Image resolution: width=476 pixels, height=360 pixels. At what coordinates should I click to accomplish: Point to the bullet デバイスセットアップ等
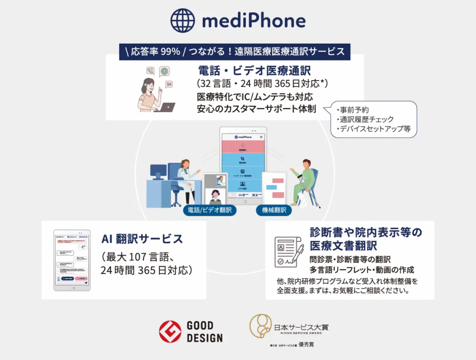(x=376, y=129)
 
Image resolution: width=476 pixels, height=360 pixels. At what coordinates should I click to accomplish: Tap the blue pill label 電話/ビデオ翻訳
(x=210, y=210)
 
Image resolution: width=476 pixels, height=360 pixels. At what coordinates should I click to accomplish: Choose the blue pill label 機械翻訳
(x=274, y=210)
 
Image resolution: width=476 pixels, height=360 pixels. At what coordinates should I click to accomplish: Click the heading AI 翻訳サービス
(x=142, y=239)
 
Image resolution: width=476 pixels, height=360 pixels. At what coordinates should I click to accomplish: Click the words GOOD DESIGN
(x=205, y=332)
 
